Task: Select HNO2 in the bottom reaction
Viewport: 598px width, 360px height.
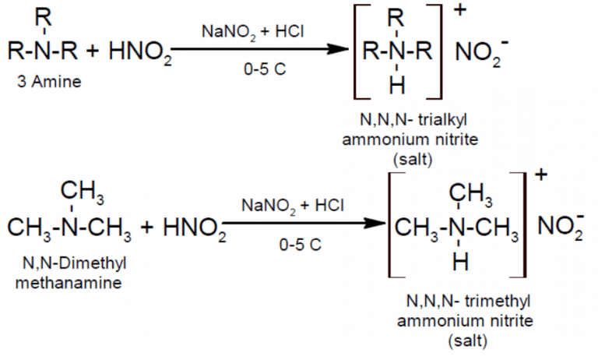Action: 185,228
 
